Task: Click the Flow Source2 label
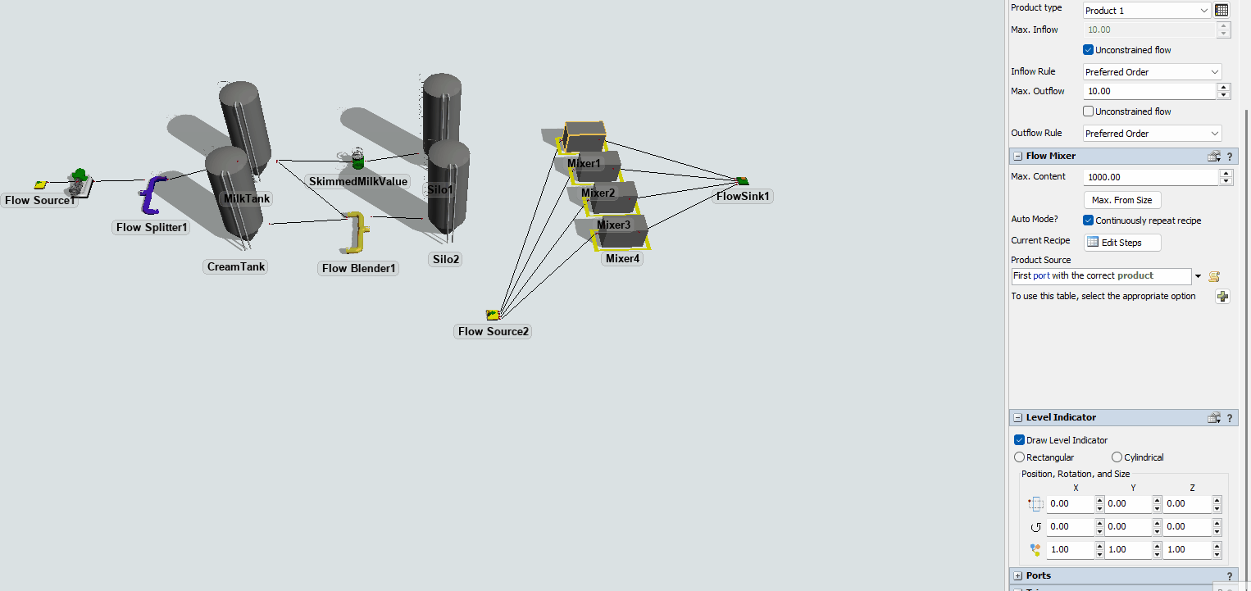pos(493,331)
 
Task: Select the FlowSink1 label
pos(744,197)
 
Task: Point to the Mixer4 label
pos(622,259)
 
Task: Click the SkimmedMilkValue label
pos(358,181)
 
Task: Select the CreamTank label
pos(236,266)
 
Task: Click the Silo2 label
pos(446,259)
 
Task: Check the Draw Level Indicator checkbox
pos(1020,440)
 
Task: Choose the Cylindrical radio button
pos(1117,457)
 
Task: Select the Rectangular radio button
pos(1020,457)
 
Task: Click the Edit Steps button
pos(1122,243)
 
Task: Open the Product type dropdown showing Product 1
pos(1146,11)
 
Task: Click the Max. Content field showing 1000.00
pos(1150,177)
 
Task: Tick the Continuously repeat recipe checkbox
pos(1089,220)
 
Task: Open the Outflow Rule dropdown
pos(1152,134)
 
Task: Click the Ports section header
pos(1038,575)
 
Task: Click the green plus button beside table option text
pos(1222,297)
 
